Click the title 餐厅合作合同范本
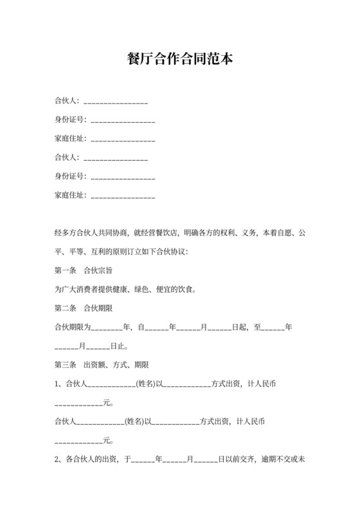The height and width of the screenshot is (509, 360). point(179,59)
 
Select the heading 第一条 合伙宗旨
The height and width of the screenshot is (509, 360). point(85,271)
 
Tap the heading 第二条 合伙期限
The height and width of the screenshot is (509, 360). point(85,308)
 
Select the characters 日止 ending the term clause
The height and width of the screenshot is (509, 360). point(117,346)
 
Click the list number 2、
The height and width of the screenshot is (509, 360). point(59,460)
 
